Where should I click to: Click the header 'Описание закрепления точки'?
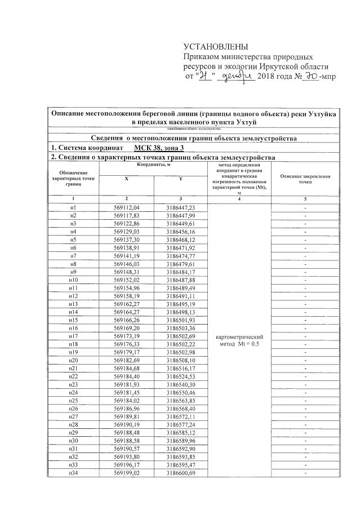tap(305, 180)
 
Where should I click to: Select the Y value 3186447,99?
tap(180, 216)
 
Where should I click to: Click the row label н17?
tap(73, 336)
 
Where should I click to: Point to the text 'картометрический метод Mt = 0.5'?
tap(239, 340)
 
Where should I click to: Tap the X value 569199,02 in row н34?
tap(126, 473)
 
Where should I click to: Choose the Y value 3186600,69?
tap(180, 473)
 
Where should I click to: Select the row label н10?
tap(73, 280)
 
